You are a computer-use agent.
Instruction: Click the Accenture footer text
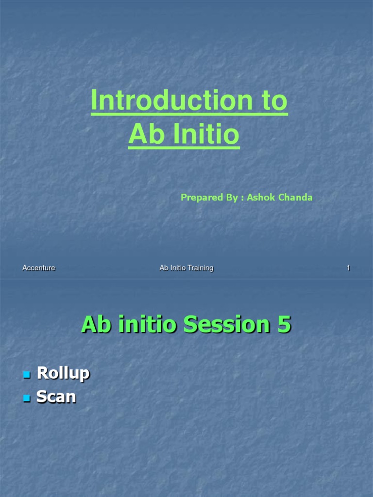[39, 268]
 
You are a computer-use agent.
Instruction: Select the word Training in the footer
[200, 268]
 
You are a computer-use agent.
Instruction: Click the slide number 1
[348, 268]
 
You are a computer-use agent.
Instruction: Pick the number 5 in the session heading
[284, 325]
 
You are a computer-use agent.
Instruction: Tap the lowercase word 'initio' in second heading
[144, 325]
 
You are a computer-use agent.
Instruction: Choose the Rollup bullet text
[64, 373]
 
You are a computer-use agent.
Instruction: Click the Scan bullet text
[56, 397]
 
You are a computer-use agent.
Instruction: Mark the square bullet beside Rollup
[27, 375]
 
